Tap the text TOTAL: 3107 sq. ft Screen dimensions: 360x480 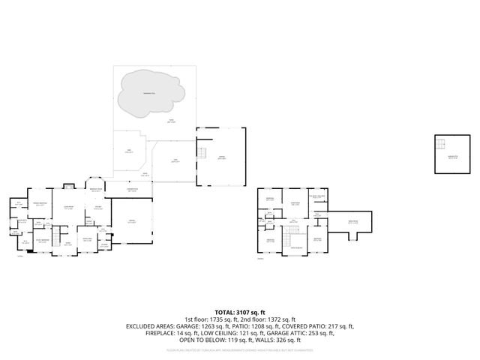click(239, 311)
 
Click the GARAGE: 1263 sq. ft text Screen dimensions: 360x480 click(196, 326)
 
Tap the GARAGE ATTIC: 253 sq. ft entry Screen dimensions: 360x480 click(318, 333)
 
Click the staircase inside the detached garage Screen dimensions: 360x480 click(200, 153)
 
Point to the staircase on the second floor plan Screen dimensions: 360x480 click(286, 239)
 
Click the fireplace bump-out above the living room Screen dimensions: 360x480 click(68, 187)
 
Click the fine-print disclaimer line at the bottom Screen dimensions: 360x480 click(239, 349)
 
